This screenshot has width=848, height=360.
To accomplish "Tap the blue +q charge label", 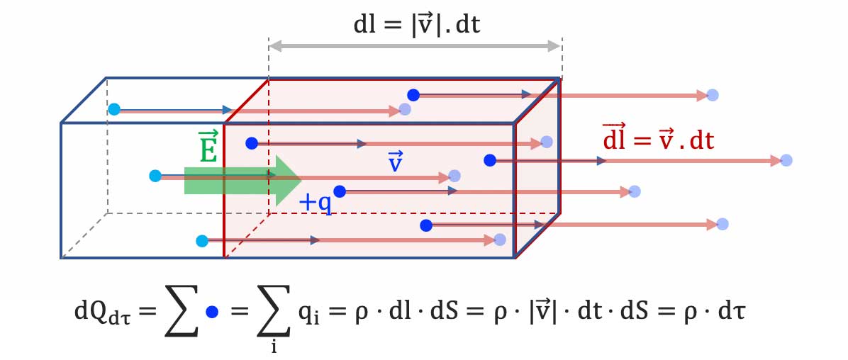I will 315,202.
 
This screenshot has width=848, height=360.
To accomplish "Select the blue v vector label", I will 396,162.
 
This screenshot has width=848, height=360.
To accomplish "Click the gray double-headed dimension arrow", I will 415,47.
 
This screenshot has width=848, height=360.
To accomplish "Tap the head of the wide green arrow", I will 288,181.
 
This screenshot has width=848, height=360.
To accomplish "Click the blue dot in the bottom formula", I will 211,311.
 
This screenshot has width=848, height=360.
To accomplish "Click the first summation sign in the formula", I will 171,313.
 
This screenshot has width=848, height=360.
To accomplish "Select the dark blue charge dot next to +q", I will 340,191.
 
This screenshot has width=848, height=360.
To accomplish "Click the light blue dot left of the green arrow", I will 155,176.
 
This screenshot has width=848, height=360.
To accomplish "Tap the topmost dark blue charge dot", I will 413,94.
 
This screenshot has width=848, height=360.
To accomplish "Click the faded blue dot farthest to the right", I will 786,161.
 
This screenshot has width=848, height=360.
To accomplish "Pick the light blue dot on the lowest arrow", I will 202,241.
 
